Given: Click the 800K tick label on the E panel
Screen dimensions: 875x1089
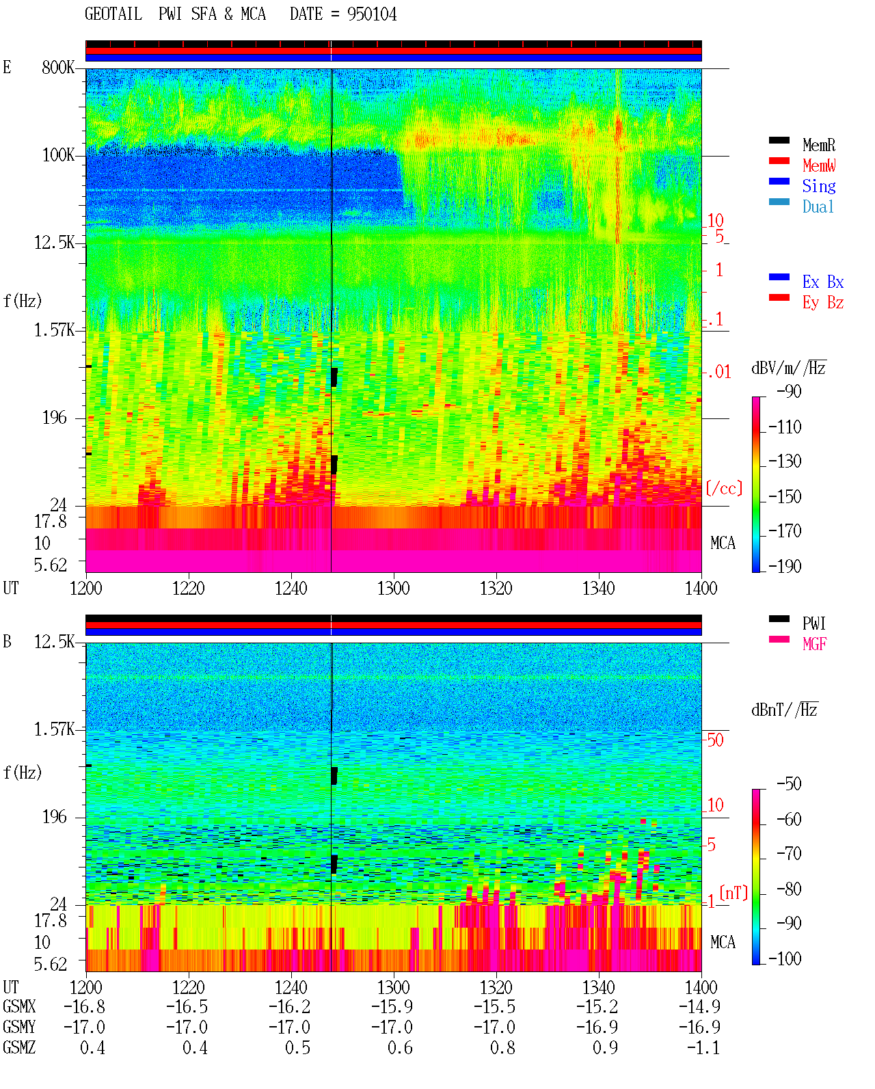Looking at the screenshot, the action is coord(58,67).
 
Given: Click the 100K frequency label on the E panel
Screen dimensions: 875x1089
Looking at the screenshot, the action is coord(58,155).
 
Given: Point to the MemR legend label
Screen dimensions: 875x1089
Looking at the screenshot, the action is coord(818,145).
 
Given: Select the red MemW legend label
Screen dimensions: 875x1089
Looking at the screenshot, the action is coord(818,165).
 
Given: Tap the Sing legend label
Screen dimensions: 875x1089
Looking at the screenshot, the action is coord(818,186).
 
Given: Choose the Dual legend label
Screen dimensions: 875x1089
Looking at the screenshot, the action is coord(818,206).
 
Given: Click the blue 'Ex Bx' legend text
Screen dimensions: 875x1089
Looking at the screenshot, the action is coord(822,282).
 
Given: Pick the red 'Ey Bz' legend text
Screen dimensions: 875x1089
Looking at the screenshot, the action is coord(822,303).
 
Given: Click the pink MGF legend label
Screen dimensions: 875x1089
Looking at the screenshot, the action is coord(814,644).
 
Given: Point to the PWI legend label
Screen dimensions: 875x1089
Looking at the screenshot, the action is coord(813,623).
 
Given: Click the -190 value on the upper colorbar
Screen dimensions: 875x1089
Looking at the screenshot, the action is coord(784,566).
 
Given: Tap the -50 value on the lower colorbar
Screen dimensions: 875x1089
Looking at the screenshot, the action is coord(789,784).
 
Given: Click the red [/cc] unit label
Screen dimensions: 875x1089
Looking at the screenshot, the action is coord(724,488).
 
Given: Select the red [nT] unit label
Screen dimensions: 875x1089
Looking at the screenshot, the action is coord(733,893).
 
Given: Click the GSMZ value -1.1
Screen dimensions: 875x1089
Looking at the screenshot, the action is coord(703,1048).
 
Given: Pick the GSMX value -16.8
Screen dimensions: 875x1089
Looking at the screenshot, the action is coord(84,1007).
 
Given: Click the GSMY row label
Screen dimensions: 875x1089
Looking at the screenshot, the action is coord(19,1027).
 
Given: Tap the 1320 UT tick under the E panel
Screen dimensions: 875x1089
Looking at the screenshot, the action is coord(496,589).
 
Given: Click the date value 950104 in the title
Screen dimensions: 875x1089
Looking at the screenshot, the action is coord(371,14).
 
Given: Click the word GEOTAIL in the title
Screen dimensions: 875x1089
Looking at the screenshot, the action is coord(113,14).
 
